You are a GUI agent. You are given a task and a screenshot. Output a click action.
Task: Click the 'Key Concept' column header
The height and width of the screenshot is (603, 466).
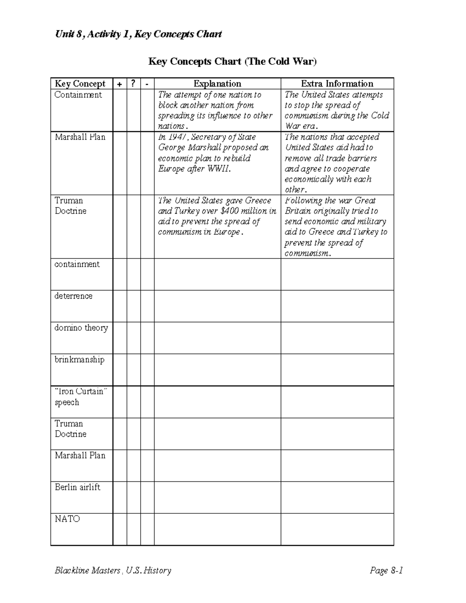[x=80, y=83]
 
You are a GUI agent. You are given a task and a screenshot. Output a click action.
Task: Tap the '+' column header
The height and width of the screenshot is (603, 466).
[x=119, y=83]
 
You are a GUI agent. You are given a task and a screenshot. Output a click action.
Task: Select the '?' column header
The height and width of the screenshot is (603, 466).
[x=133, y=83]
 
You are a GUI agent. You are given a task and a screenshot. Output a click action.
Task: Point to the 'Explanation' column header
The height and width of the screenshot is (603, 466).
[x=217, y=83]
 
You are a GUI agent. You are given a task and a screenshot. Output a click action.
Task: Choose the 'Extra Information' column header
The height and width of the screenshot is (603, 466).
[x=337, y=83]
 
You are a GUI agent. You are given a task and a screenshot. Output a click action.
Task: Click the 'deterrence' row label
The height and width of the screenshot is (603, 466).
[x=73, y=296]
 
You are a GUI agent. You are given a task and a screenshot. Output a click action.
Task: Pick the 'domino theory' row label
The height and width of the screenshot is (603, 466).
[x=81, y=328]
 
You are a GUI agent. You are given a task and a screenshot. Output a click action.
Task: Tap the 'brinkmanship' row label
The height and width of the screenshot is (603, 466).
[x=79, y=360]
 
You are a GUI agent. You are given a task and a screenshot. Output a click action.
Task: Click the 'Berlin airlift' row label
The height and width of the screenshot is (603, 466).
[x=77, y=487]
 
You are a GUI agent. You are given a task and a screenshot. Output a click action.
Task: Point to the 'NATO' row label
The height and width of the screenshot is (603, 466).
[x=67, y=519]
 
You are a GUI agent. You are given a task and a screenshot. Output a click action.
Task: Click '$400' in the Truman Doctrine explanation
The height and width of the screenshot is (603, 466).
[x=230, y=211]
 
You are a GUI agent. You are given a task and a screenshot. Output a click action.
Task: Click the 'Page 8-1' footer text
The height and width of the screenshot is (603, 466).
[x=386, y=570]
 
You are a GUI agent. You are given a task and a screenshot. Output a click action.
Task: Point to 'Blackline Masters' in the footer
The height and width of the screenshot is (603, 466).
[x=87, y=570]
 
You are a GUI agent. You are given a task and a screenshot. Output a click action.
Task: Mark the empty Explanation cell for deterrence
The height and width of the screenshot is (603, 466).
[x=217, y=306]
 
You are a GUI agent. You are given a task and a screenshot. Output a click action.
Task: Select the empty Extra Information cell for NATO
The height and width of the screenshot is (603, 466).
[x=337, y=529]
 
